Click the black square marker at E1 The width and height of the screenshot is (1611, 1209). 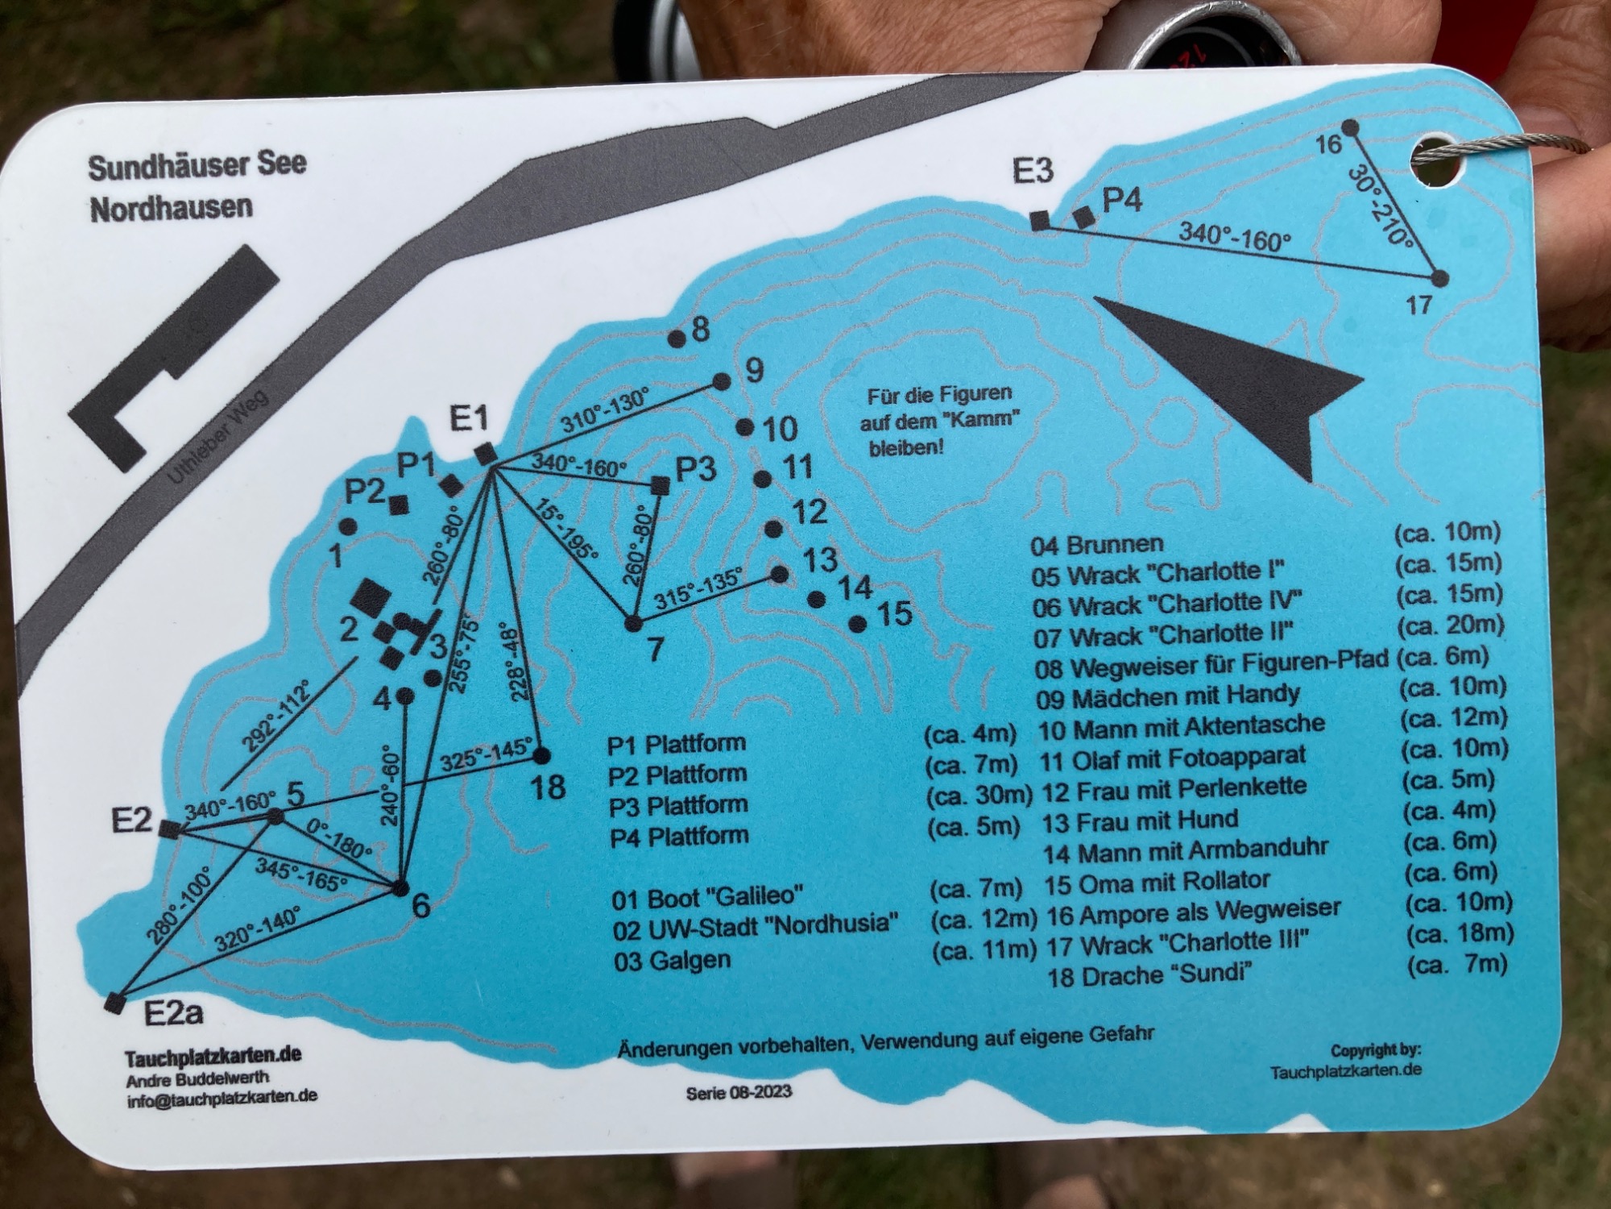[486, 455]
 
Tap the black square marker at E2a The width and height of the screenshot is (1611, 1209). [116, 1002]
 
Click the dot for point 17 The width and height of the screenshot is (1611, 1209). [1440, 279]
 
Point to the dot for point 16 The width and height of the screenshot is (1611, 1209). [1351, 127]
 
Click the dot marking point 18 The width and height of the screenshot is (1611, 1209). [541, 755]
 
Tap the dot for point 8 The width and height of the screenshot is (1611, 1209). [677, 339]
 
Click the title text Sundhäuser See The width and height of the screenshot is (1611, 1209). [197, 167]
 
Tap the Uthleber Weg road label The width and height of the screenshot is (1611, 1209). [217, 434]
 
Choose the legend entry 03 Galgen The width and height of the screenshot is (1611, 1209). [672, 960]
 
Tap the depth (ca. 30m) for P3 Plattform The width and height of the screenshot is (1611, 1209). [979, 796]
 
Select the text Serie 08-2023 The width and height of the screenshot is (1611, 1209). [739, 1092]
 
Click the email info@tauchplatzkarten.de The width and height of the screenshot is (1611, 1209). [222, 1096]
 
